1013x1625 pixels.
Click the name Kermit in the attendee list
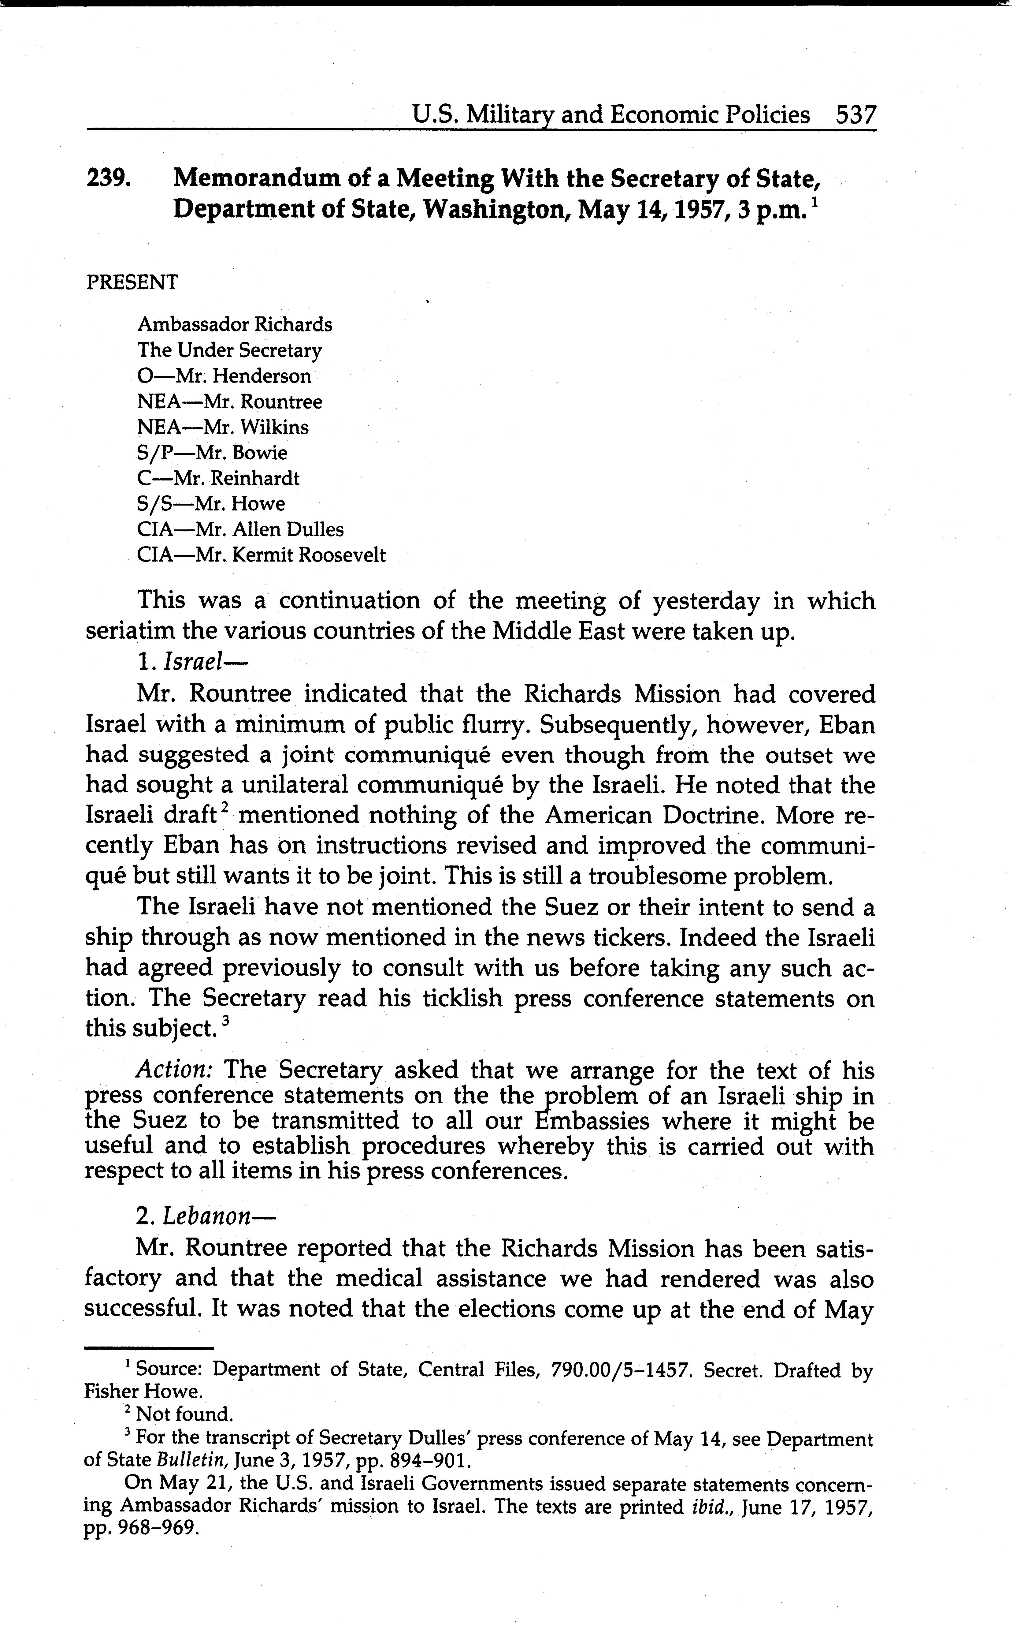262,555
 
